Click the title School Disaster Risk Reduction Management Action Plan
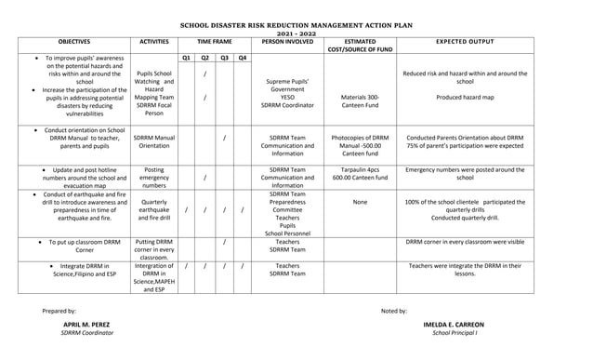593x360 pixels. pos(296,29)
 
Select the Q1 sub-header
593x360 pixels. pos(186,58)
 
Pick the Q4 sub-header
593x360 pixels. pos(242,58)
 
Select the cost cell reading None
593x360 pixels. pos(360,201)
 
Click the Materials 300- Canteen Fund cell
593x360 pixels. pos(360,100)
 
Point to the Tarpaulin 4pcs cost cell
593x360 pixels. pos(360,175)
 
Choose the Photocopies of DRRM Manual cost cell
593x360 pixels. pos(360,145)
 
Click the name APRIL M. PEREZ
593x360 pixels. pos(86,325)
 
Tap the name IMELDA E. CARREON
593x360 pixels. pos(454,325)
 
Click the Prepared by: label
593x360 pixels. pos(59,309)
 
